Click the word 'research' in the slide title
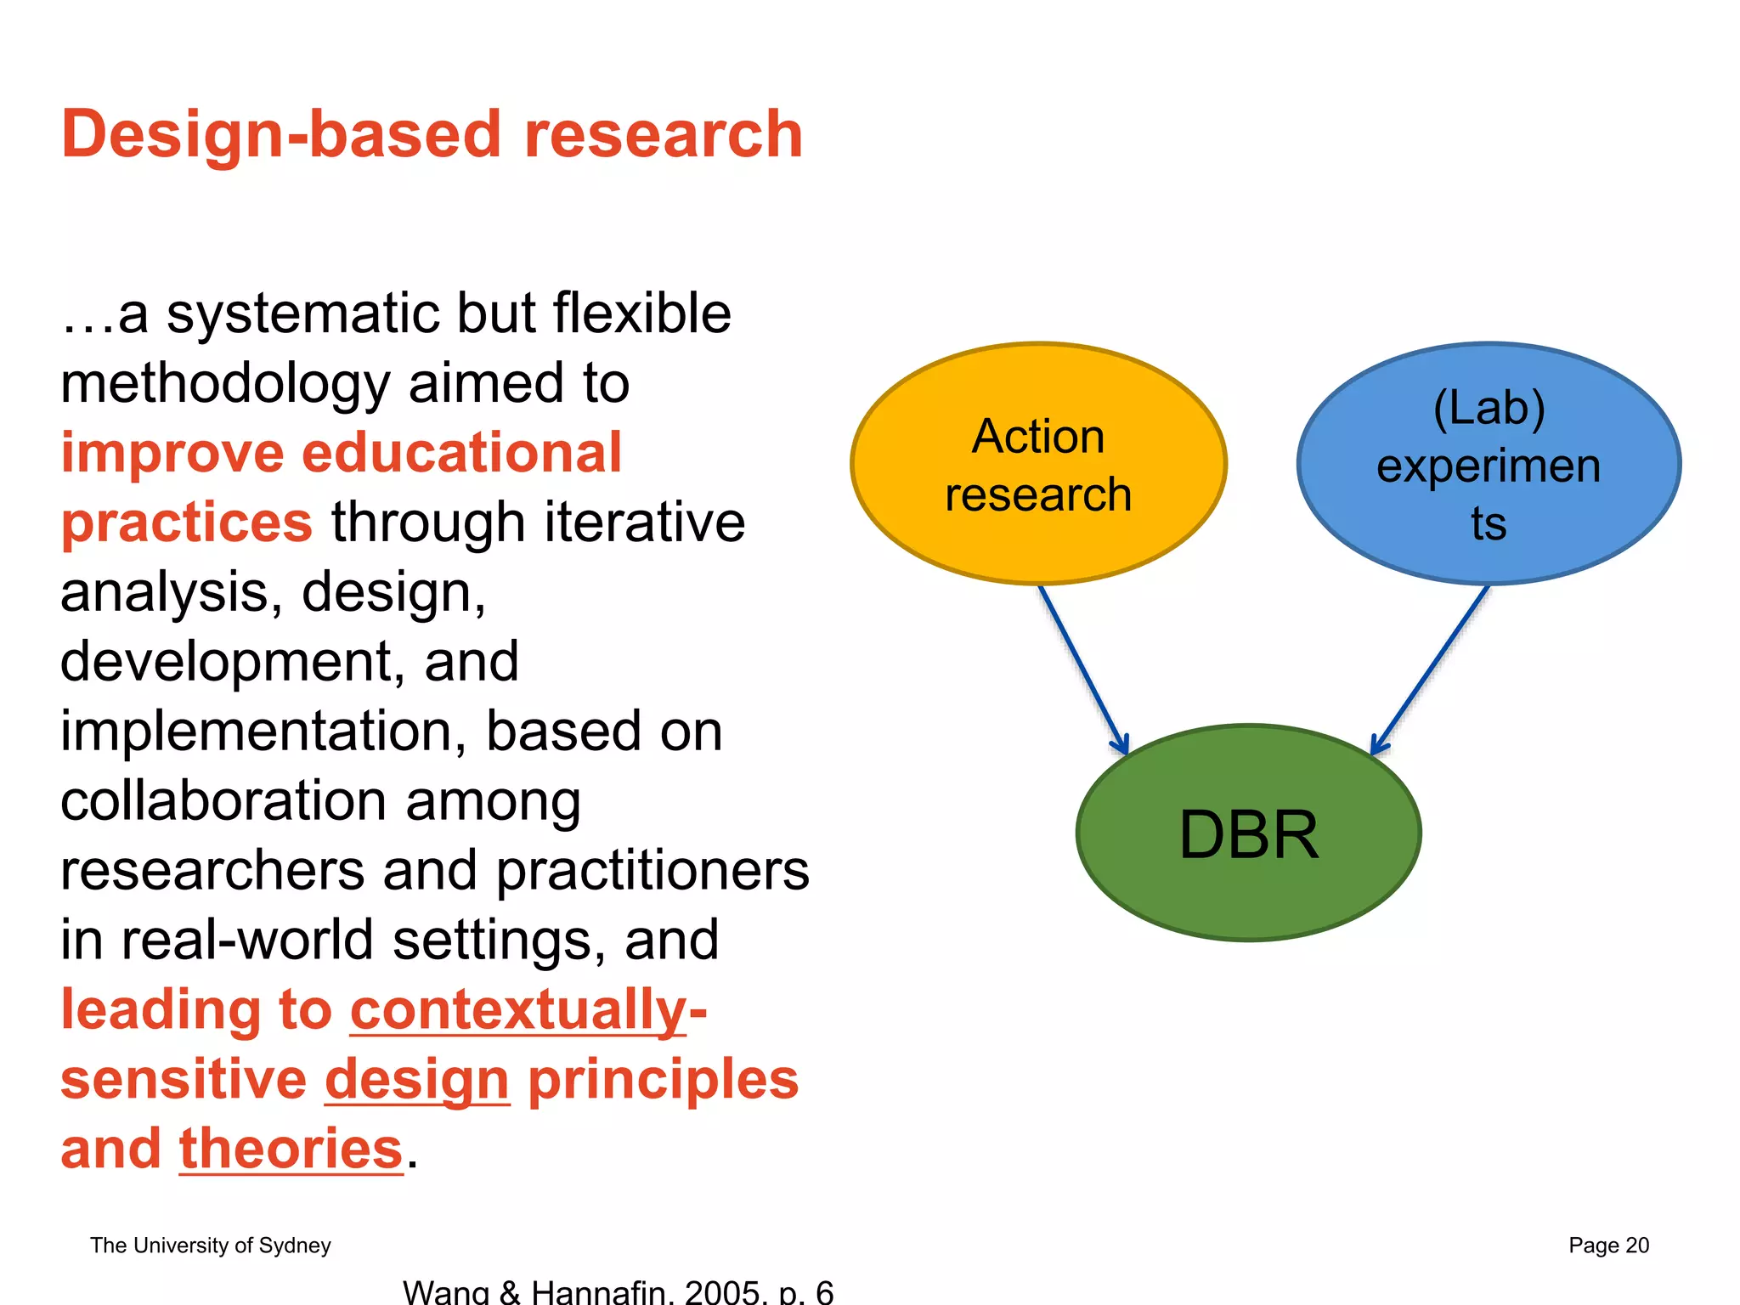[663, 136]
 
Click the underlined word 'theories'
[291, 1149]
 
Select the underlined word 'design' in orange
[417, 1080]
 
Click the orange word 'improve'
[172, 453]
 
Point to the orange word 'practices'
[187, 523]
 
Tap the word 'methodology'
[224, 383]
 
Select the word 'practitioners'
[652, 871]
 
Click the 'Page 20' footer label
[1607, 1246]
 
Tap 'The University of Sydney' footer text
[210, 1246]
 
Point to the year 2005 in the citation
[721, 1292]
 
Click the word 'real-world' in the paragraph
[247, 941]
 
